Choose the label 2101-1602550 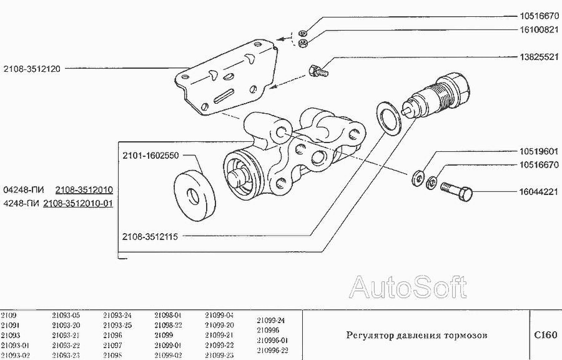click(150, 154)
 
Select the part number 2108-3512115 click(150, 237)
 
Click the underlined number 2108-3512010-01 click(78, 203)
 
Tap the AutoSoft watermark click(407, 287)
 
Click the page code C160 click(545, 335)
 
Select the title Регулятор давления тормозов click(417, 336)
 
